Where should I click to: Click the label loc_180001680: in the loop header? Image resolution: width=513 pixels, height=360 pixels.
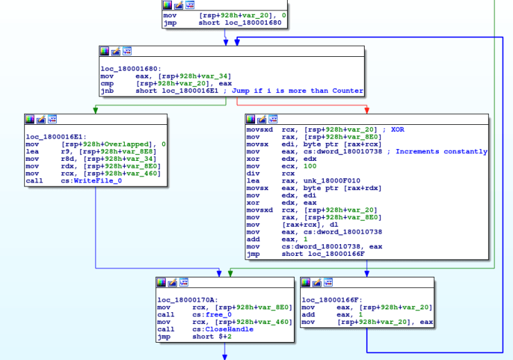pos(131,69)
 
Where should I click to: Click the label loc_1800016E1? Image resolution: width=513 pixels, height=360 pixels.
pos(54,137)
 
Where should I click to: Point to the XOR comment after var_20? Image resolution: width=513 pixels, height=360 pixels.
pos(397,129)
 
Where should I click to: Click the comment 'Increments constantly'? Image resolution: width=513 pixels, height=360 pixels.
pos(442,151)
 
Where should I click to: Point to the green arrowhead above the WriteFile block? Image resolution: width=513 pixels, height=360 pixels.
pos(95,110)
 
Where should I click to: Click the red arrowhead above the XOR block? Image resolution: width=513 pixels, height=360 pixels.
pos(365,110)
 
